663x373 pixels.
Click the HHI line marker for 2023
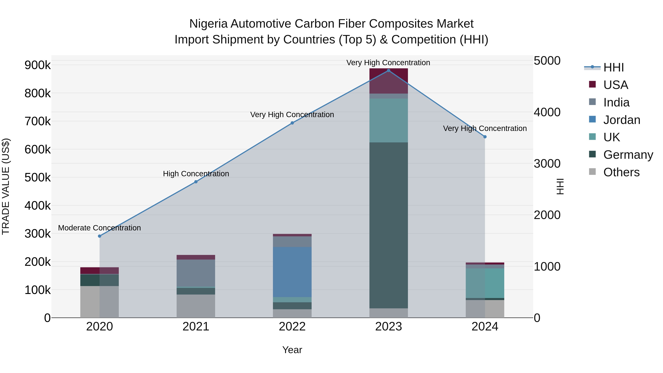(388, 71)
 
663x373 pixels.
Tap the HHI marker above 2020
(100, 236)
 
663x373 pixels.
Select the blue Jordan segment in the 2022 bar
(292, 272)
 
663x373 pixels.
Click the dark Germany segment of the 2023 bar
(388, 225)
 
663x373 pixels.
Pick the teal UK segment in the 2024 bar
(485, 283)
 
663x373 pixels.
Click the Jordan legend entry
(621, 120)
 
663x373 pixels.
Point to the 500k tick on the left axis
(38, 177)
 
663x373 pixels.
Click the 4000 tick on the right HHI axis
(547, 112)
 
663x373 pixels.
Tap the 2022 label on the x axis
(292, 327)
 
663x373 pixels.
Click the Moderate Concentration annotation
(100, 228)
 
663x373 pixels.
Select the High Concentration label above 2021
(196, 174)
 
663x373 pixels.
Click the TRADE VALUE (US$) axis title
(6, 186)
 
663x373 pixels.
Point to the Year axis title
(292, 350)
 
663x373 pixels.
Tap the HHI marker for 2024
(485, 137)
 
